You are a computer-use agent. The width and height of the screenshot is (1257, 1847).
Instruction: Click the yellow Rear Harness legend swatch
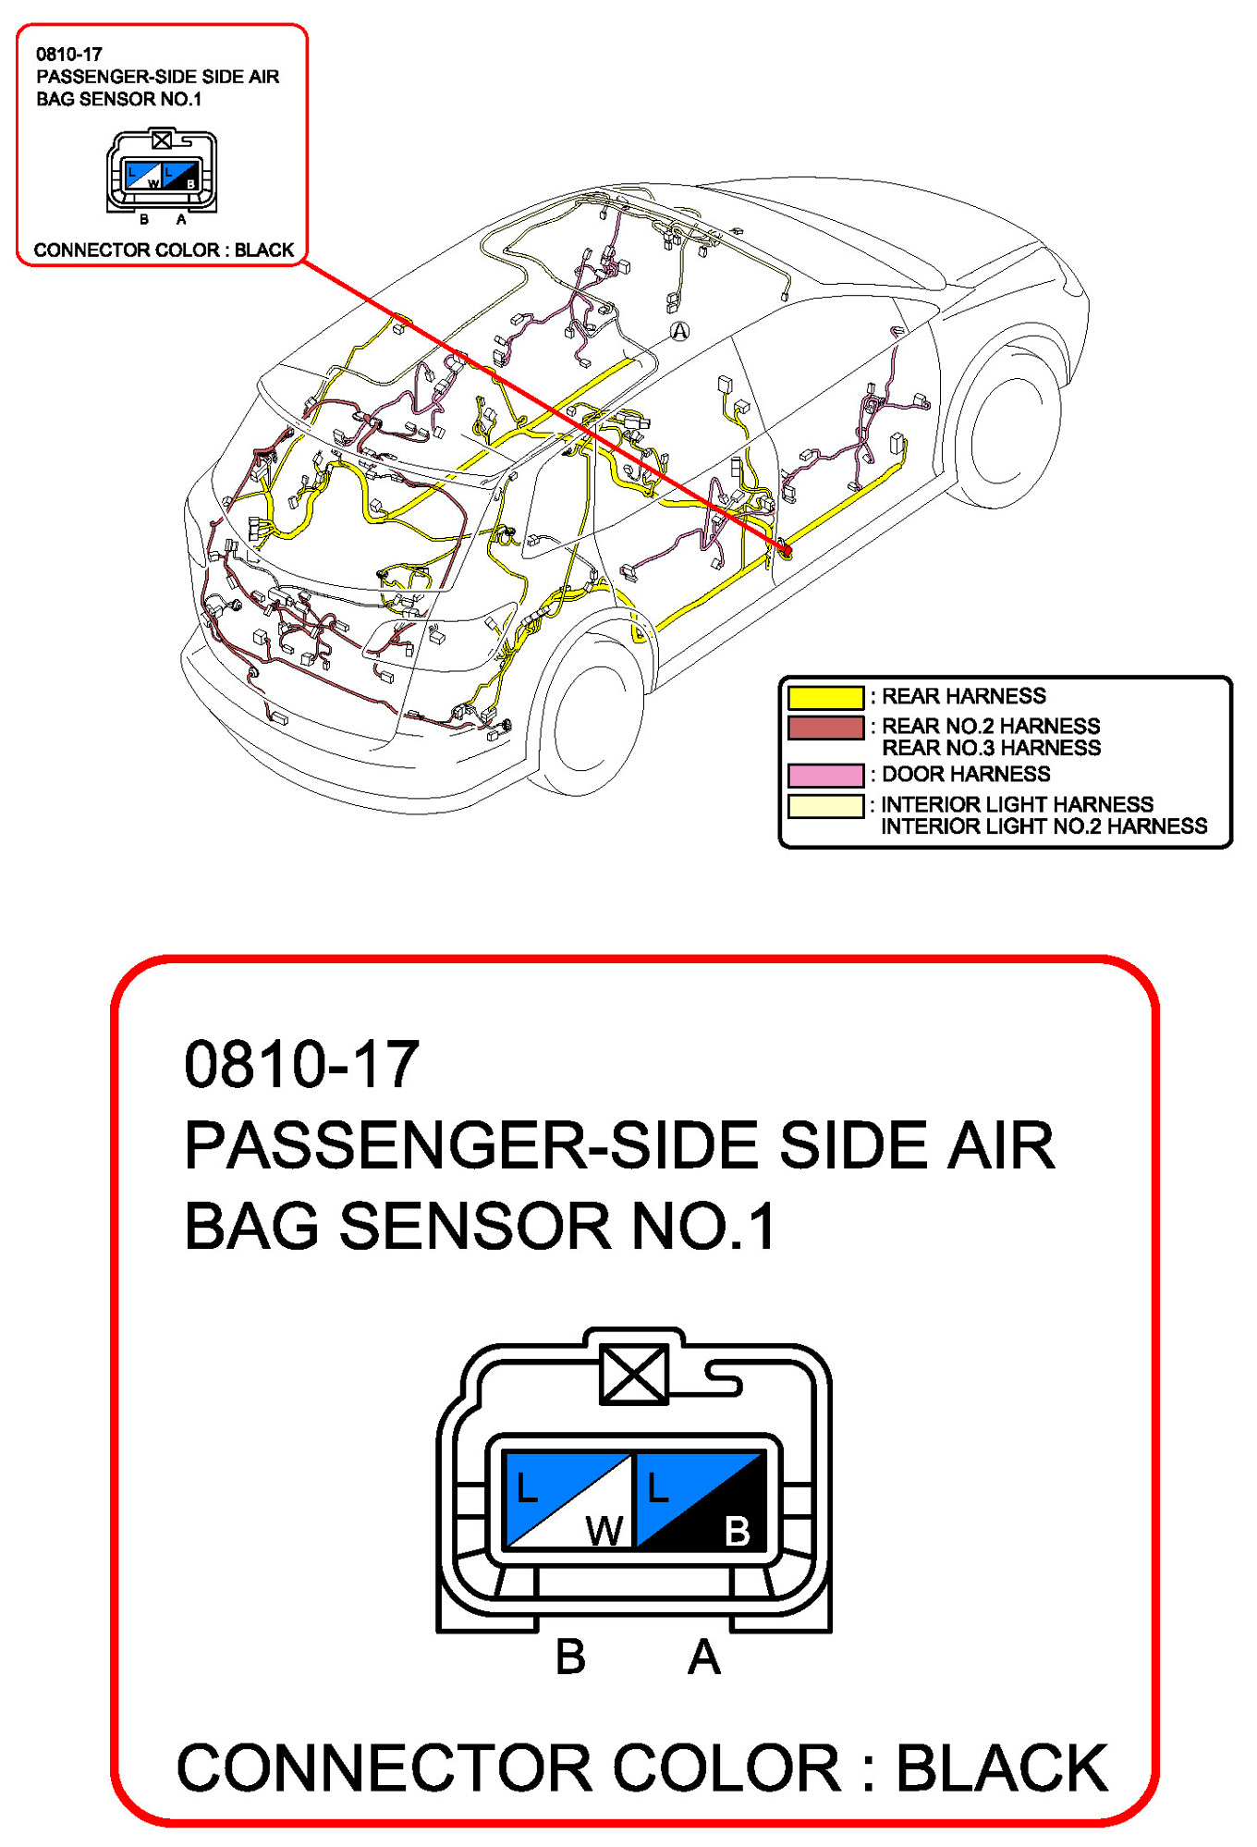point(825,696)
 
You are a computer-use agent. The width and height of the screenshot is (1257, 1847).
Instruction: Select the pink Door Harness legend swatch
point(825,775)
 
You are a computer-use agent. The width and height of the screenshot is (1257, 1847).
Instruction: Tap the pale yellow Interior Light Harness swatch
point(825,806)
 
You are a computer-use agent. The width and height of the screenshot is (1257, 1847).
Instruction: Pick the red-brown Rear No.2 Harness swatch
point(825,728)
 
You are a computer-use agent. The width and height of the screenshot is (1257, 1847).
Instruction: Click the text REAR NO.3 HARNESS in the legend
point(991,748)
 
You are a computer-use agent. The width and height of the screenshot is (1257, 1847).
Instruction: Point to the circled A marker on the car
point(679,331)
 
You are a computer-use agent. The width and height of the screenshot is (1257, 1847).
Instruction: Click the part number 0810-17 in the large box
point(301,1064)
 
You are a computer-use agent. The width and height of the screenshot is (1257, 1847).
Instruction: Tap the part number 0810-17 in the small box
point(69,55)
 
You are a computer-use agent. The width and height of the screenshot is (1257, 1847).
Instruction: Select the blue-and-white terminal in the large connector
point(567,1499)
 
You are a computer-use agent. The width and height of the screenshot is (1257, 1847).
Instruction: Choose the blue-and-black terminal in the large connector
point(701,1499)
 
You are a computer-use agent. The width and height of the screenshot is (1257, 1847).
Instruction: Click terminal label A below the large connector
point(703,1657)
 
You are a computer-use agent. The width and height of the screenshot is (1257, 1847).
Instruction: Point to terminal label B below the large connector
point(570,1657)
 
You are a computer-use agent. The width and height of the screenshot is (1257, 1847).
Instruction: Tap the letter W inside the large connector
point(604,1531)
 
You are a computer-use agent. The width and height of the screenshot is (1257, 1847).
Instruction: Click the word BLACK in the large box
point(1002,1768)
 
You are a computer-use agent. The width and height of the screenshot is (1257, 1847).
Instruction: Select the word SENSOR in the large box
point(475,1227)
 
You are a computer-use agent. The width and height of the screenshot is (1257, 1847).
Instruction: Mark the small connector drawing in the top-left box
point(162,172)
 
